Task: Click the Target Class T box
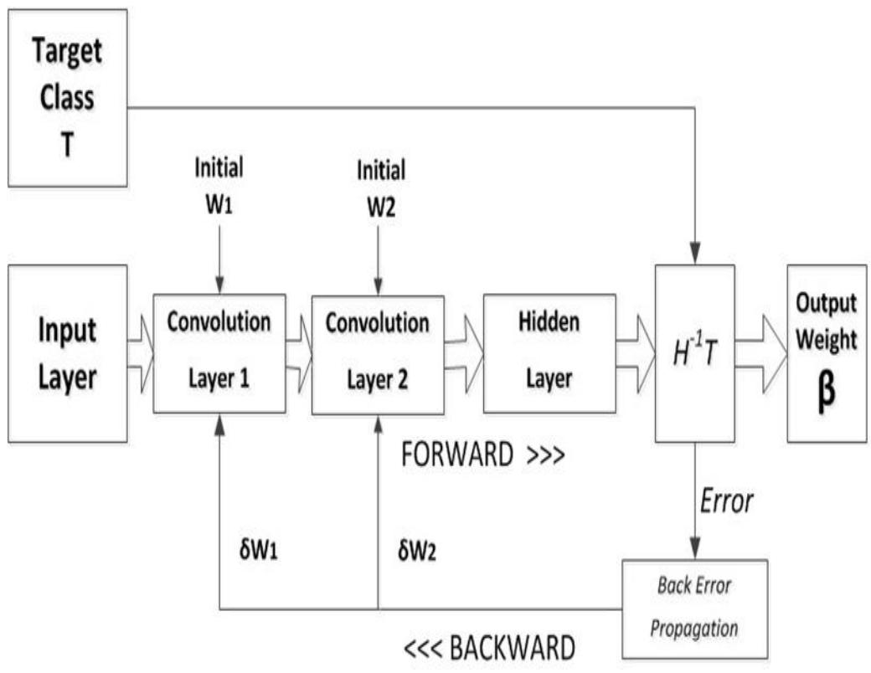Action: (x=67, y=97)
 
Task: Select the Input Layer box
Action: (x=67, y=352)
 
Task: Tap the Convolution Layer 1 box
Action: (x=219, y=352)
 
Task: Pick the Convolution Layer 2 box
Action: (x=377, y=352)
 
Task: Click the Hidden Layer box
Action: (x=549, y=352)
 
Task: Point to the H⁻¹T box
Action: (x=694, y=352)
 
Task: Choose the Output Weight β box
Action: (x=826, y=352)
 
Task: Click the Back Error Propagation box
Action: (x=694, y=605)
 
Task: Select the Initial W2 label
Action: (x=378, y=186)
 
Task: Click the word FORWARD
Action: (x=456, y=456)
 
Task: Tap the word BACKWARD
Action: (x=513, y=649)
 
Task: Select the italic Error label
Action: (x=726, y=501)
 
